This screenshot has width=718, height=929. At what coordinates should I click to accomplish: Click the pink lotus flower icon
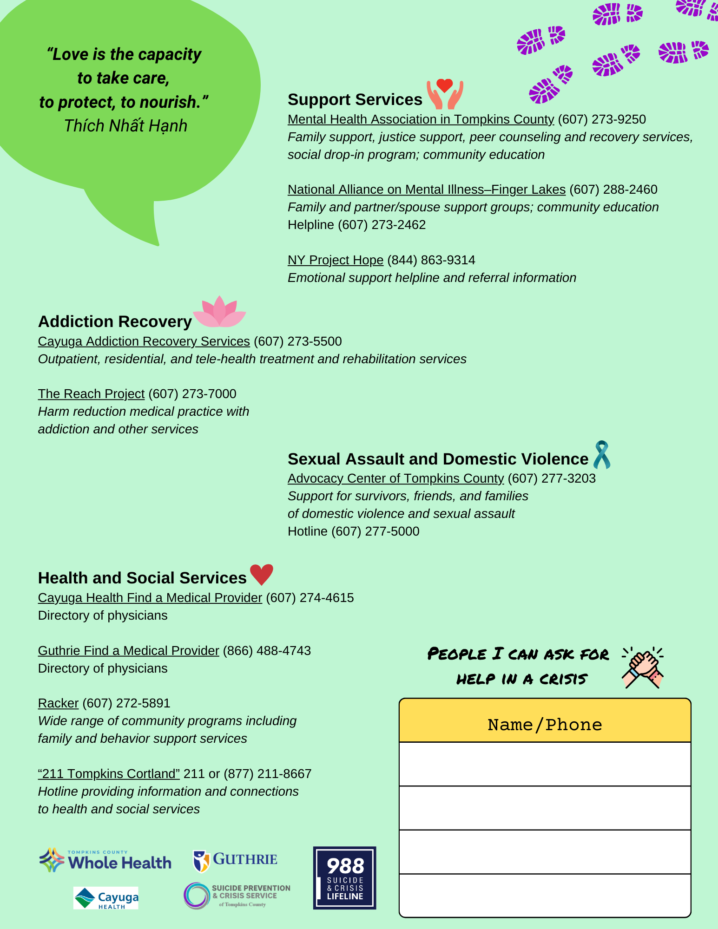(219, 312)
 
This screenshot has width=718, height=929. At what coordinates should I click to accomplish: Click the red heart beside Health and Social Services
(262, 575)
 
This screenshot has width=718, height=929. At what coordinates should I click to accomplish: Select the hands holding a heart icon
(445, 93)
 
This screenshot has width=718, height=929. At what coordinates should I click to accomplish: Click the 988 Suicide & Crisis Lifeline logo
(344, 877)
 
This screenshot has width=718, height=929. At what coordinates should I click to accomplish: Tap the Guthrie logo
(235, 861)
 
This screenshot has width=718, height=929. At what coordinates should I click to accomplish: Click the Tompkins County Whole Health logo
(105, 860)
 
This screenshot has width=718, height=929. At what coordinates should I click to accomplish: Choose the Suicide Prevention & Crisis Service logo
(237, 895)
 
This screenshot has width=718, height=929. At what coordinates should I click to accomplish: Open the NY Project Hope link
(336, 260)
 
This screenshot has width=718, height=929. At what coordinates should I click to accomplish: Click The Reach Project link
(91, 394)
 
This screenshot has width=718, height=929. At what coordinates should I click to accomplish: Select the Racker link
(58, 703)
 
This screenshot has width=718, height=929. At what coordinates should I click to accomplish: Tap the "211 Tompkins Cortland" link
(109, 774)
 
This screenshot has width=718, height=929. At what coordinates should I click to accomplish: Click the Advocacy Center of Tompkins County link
(395, 478)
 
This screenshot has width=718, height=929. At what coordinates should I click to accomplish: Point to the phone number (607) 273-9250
(602, 119)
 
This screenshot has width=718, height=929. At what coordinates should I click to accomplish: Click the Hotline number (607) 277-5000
(375, 531)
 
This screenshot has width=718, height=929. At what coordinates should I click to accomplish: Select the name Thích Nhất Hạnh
(125, 126)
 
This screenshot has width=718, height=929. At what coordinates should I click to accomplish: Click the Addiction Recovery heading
(115, 321)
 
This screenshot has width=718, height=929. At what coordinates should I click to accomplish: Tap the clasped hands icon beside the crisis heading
(643, 667)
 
